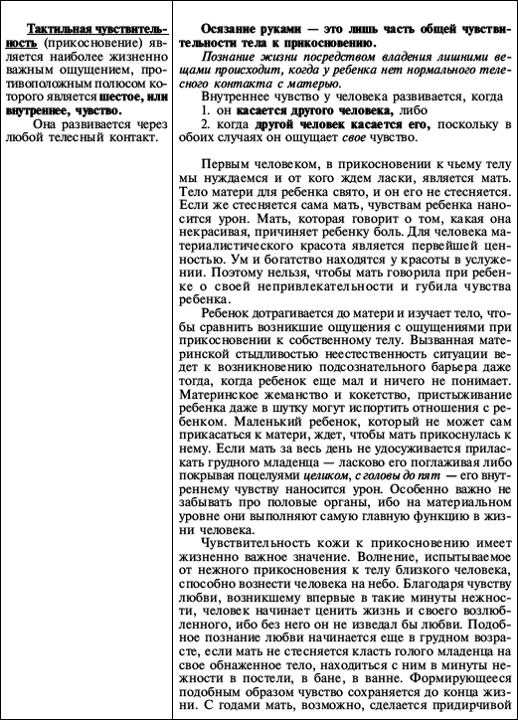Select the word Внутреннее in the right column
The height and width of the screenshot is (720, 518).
238,100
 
